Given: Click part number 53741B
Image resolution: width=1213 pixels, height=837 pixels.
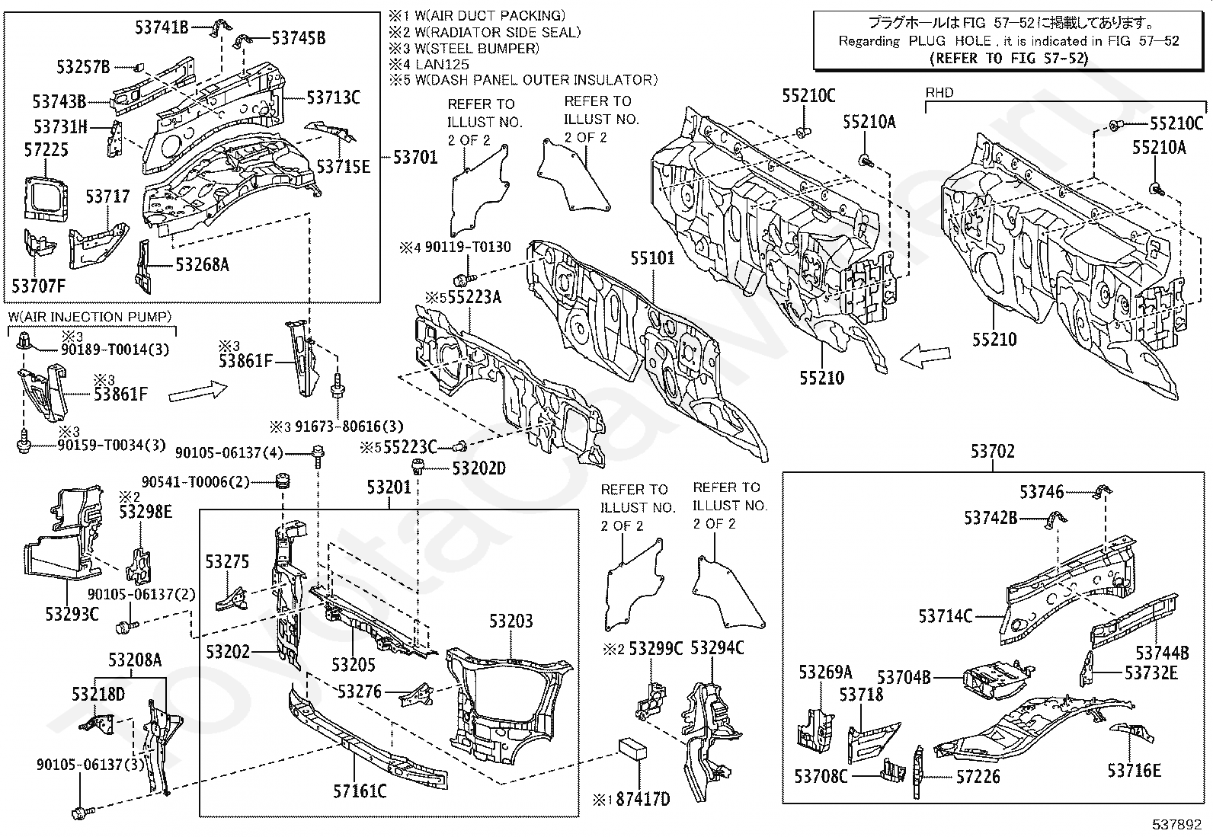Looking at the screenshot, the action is click(162, 27).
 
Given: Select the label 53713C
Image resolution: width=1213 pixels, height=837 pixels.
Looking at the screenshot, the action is click(333, 97).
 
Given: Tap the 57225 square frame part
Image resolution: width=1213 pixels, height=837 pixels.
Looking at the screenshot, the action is click(46, 198).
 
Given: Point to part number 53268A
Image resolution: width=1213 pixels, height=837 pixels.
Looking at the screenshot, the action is click(203, 265).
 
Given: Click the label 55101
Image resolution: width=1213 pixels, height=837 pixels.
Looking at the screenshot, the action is click(652, 258).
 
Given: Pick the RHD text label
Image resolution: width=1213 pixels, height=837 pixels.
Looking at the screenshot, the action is click(939, 93).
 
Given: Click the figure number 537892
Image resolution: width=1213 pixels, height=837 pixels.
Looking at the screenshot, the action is click(1176, 824).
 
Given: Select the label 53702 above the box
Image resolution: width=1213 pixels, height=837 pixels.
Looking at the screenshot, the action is click(992, 451).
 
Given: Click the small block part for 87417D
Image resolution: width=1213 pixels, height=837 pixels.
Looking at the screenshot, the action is click(632, 748).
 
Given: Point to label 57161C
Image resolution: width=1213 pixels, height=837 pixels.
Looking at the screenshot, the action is click(360, 791).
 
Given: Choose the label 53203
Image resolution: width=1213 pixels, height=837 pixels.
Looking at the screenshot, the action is click(510, 621).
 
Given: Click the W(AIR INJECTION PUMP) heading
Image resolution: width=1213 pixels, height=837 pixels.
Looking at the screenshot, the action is click(90, 317).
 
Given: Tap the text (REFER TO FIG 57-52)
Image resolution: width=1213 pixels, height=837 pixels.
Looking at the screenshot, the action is click(1009, 59).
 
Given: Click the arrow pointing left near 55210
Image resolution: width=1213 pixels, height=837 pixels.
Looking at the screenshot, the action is click(925, 356).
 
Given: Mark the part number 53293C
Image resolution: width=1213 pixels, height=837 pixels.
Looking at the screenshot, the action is click(72, 615).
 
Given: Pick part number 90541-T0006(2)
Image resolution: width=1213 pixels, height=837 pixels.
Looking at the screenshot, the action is click(196, 482).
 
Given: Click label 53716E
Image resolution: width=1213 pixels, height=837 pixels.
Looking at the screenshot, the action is click(1134, 771).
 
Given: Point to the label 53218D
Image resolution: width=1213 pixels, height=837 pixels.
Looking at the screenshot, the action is click(98, 694).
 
